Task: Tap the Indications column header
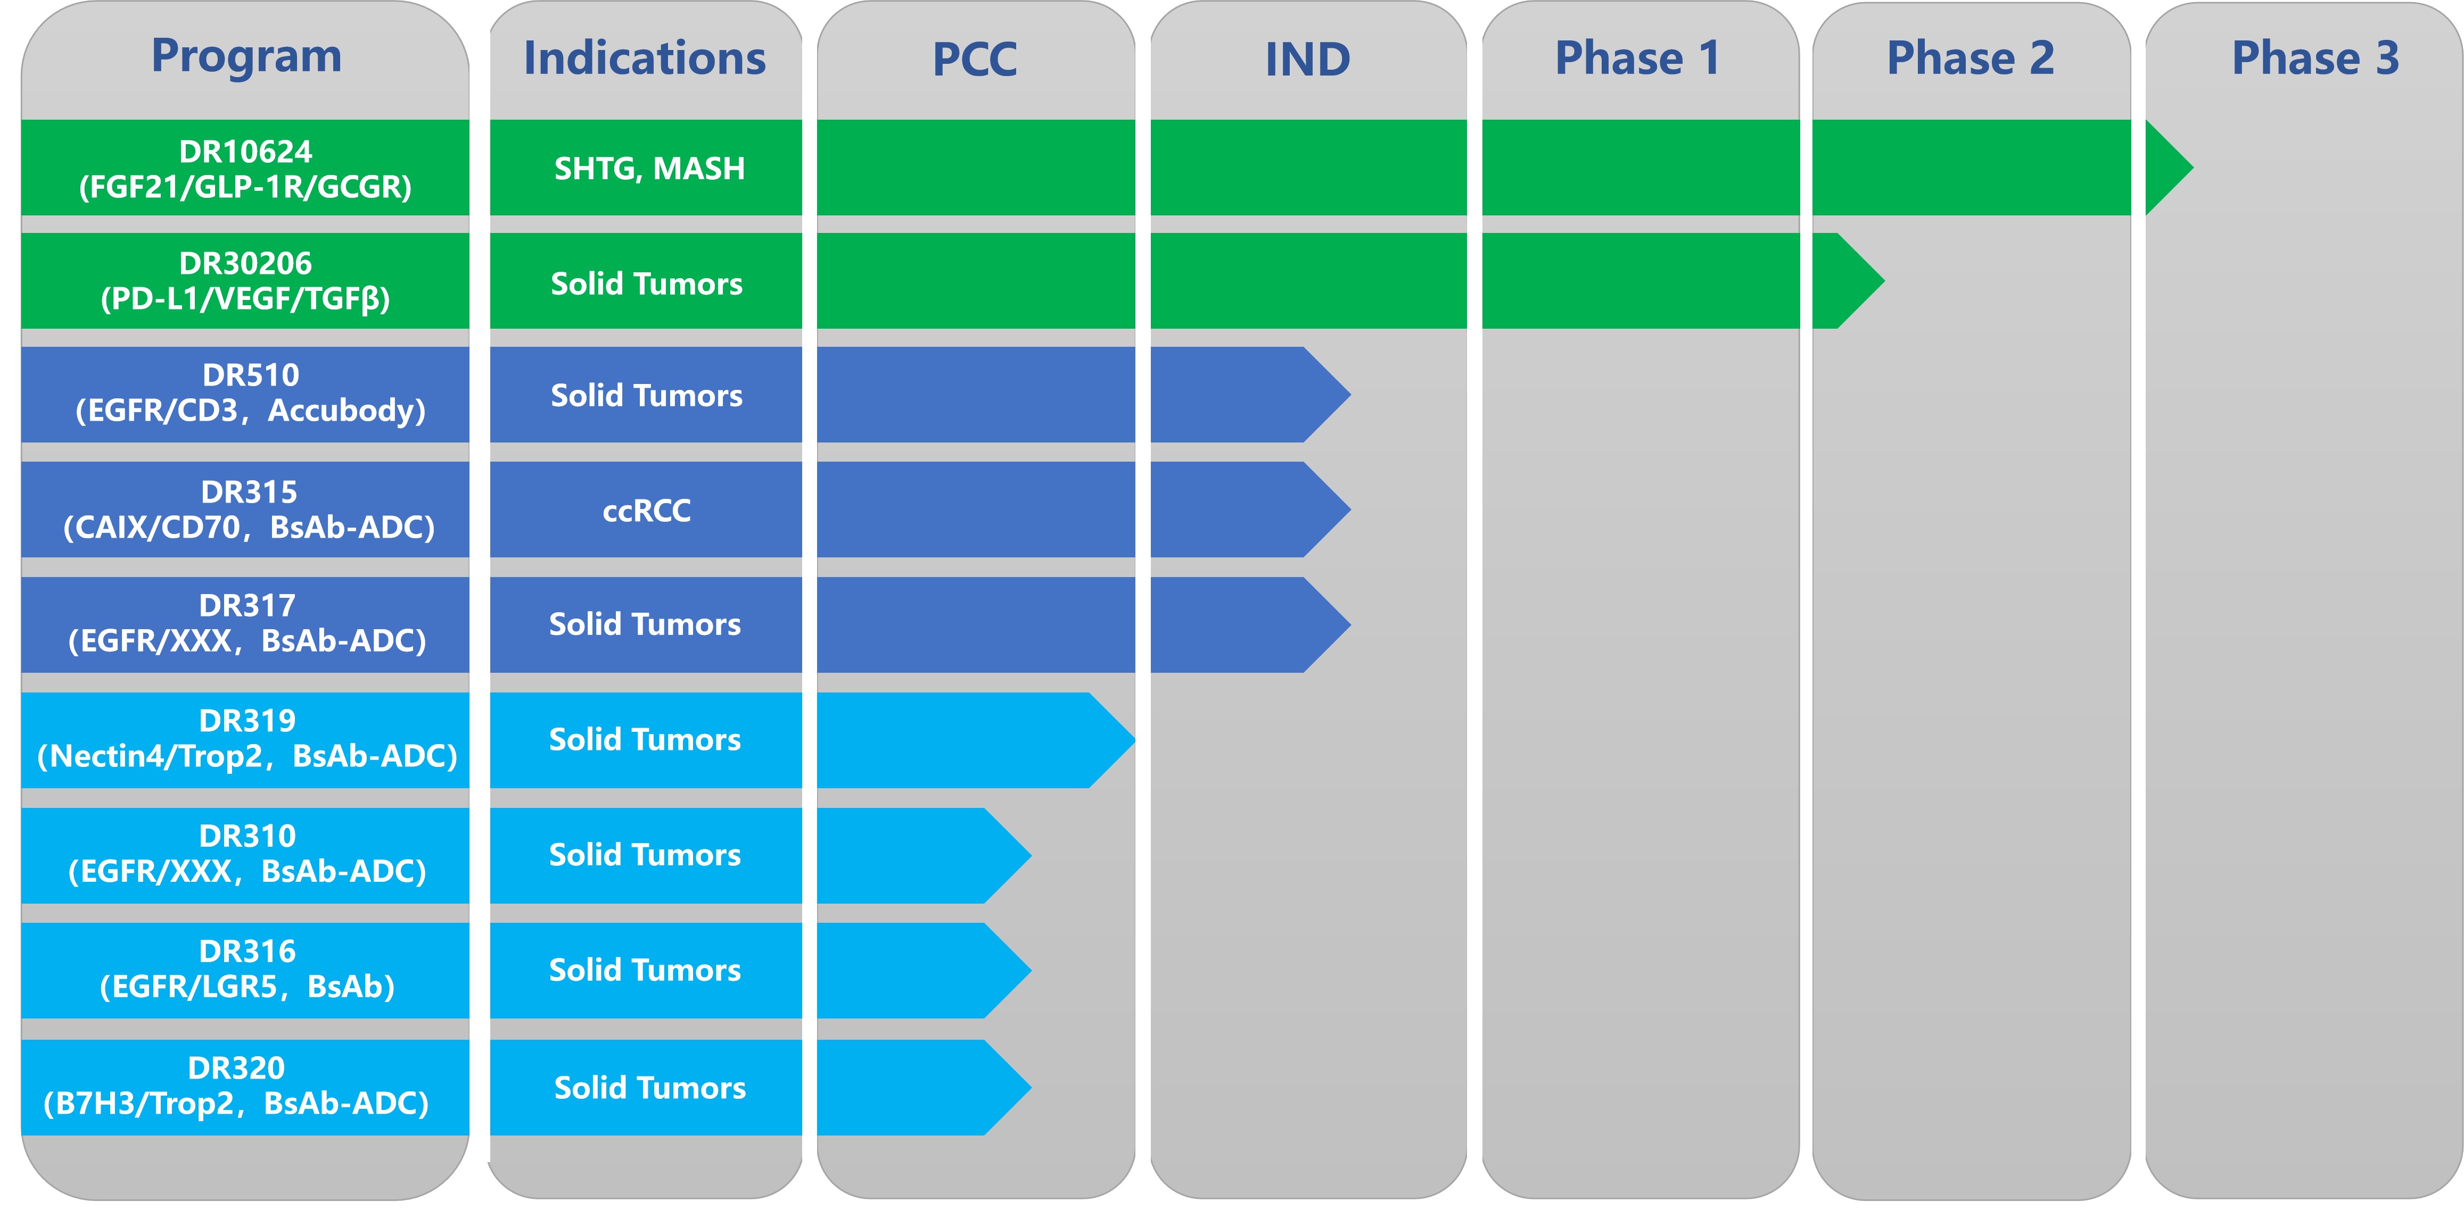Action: point(645,59)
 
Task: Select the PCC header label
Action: point(975,59)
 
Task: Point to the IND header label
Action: point(1307,59)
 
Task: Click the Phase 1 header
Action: point(1637,59)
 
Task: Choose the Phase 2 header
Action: point(1971,59)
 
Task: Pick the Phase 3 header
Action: point(2315,59)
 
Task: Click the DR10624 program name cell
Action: point(245,168)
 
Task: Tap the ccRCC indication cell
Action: point(647,510)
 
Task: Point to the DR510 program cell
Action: point(245,394)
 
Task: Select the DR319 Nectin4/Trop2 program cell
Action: point(245,740)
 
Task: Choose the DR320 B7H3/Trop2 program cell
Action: point(245,1087)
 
